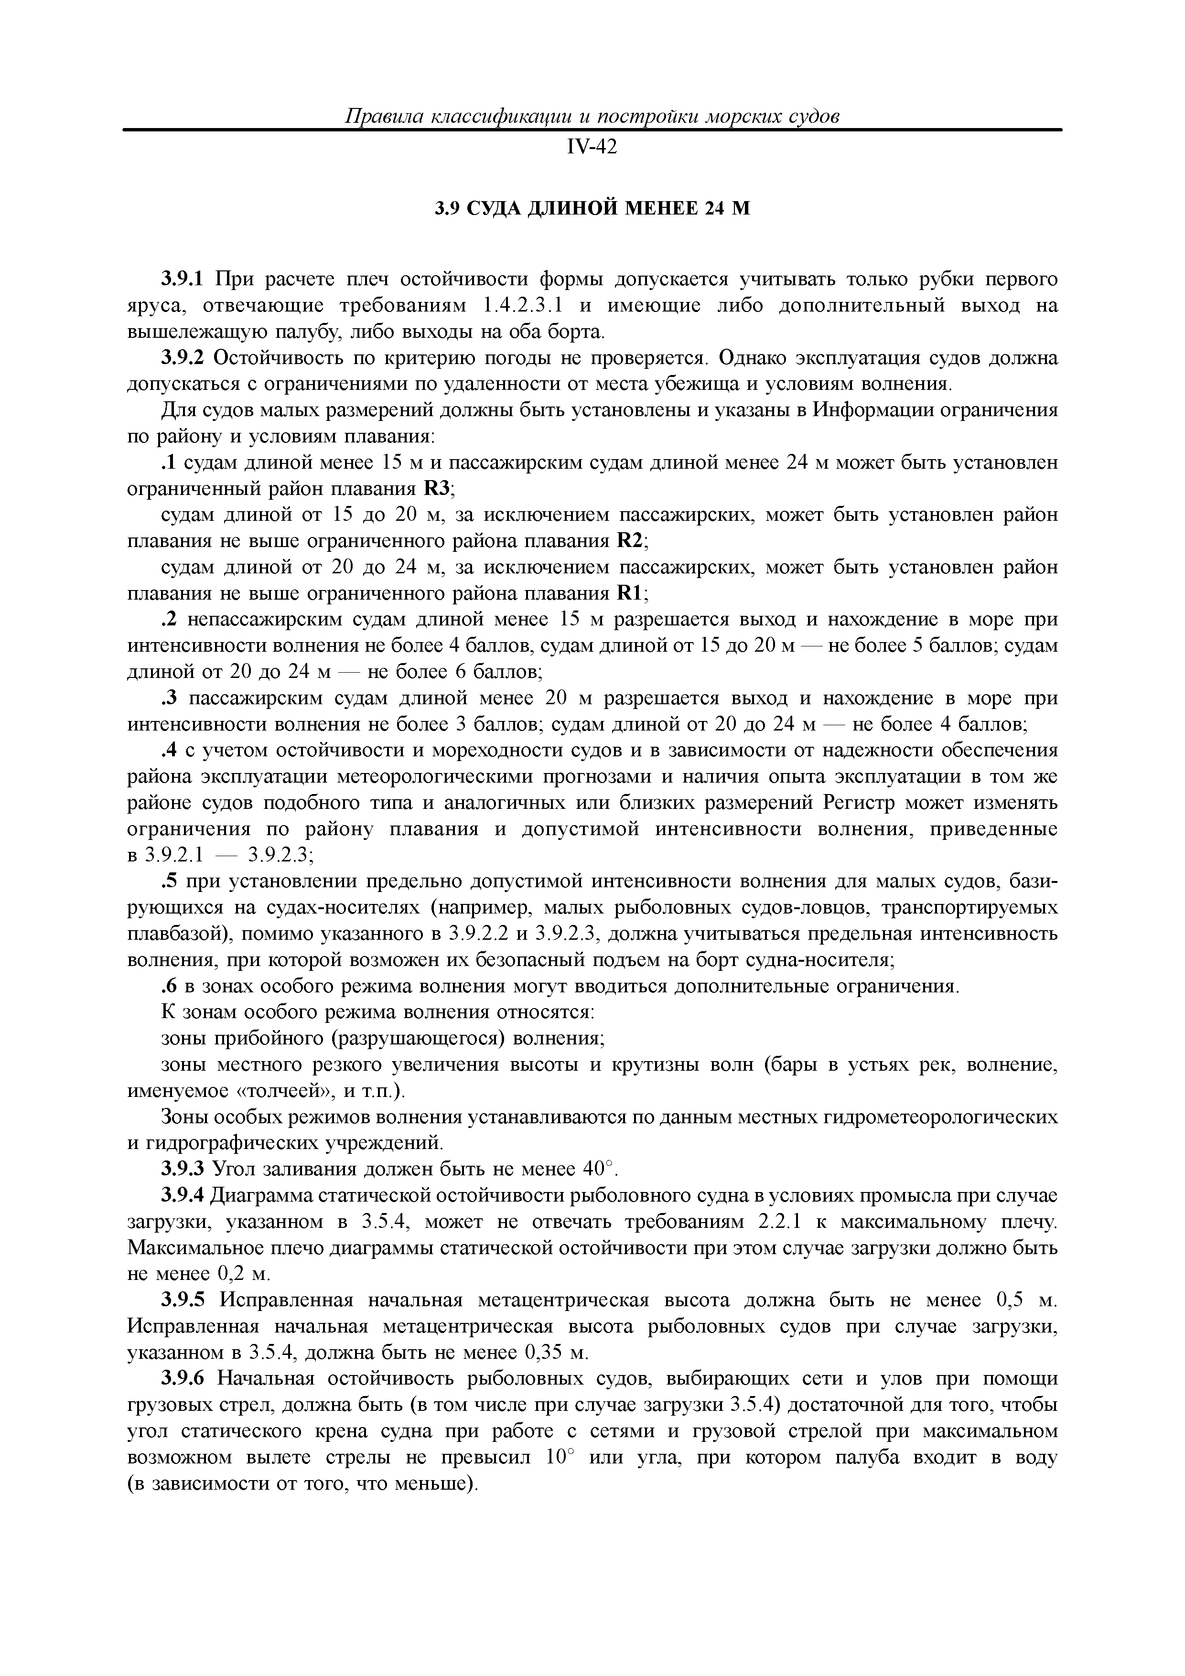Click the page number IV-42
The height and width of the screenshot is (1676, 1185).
(x=592, y=148)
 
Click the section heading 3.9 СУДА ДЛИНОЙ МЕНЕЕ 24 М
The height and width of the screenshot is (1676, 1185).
(x=592, y=209)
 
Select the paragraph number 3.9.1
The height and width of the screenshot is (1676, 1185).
(x=184, y=279)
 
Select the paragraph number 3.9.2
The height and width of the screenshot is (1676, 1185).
(x=184, y=358)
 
